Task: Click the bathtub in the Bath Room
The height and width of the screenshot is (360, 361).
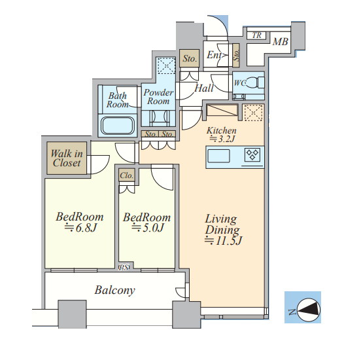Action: tap(118, 126)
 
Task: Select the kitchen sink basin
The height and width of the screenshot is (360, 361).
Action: tap(218, 156)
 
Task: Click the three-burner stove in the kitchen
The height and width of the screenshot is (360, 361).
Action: tap(252, 154)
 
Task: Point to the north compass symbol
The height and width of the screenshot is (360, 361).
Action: tap(308, 310)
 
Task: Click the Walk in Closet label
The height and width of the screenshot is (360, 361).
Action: tap(67, 158)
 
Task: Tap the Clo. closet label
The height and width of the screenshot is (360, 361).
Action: tap(126, 175)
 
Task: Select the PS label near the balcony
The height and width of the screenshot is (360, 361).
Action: tap(124, 268)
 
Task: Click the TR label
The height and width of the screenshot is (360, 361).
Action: tap(256, 35)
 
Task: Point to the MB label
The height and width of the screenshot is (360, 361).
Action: tap(280, 42)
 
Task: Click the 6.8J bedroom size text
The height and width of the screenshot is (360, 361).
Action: tap(80, 228)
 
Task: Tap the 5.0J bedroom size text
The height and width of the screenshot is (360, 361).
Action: tap(148, 228)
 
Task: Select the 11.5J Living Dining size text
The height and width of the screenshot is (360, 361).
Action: tap(223, 240)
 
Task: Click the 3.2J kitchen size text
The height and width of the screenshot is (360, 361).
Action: tap(222, 139)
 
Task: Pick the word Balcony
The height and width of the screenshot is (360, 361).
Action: tap(114, 290)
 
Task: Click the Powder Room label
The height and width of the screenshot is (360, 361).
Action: tap(158, 97)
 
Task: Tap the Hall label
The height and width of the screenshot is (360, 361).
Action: tap(204, 88)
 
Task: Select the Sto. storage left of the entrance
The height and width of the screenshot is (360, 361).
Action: tap(190, 58)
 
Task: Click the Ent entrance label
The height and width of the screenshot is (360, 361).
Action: tap(214, 55)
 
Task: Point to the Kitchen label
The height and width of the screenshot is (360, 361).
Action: tap(222, 130)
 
